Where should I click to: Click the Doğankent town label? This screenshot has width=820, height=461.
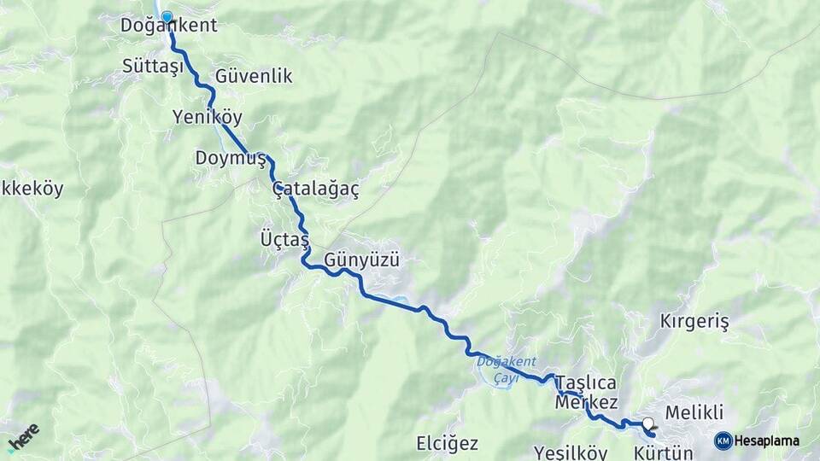(x=169, y=26)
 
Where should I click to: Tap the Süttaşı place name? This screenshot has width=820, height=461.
(x=153, y=66)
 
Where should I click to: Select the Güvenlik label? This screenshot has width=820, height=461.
(x=254, y=76)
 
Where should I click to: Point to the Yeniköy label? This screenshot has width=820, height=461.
(x=207, y=116)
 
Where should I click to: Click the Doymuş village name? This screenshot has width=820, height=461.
(x=231, y=158)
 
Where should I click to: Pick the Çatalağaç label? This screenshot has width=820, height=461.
(x=316, y=190)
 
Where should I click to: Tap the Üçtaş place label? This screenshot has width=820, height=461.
(x=284, y=239)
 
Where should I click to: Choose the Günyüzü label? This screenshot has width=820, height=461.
(x=362, y=260)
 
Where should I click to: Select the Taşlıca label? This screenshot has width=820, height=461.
(x=586, y=382)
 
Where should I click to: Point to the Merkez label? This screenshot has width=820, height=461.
(x=586, y=402)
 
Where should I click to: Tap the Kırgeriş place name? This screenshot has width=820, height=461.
(x=694, y=322)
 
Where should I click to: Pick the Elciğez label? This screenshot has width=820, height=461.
(x=447, y=444)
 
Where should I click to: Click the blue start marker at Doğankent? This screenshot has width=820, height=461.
(x=167, y=16)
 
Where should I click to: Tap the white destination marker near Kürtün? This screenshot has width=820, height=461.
(x=648, y=423)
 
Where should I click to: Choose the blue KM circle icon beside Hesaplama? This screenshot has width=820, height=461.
(x=723, y=441)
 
